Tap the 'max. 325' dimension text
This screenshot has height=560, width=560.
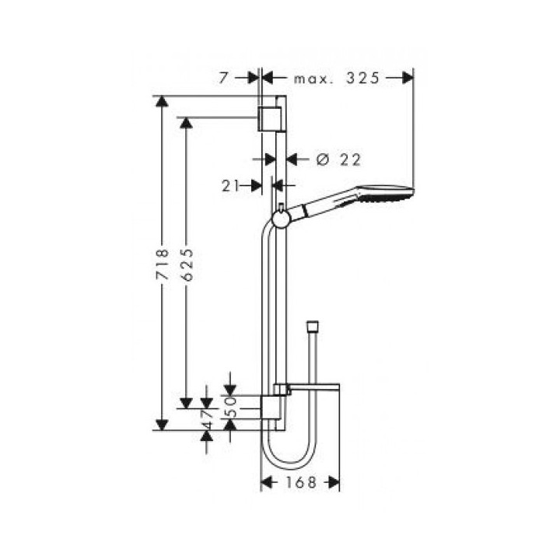tap(336, 77)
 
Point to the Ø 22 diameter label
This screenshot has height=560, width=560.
tap(339, 159)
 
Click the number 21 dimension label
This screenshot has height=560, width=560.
tap(229, 185)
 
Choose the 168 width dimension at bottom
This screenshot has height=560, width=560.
tap(299, 483)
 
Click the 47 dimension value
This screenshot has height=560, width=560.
tap(207, 417)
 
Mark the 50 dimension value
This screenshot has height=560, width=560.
tap(230, 406)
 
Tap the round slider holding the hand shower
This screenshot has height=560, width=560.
tap(280, 219)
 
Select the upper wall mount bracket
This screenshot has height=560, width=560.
tap(269, 117)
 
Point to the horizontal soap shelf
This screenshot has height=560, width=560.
tap(314, 387)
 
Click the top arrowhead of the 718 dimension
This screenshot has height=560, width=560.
tap(162, 102)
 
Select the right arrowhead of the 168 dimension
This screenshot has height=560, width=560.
tap(334, 483)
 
